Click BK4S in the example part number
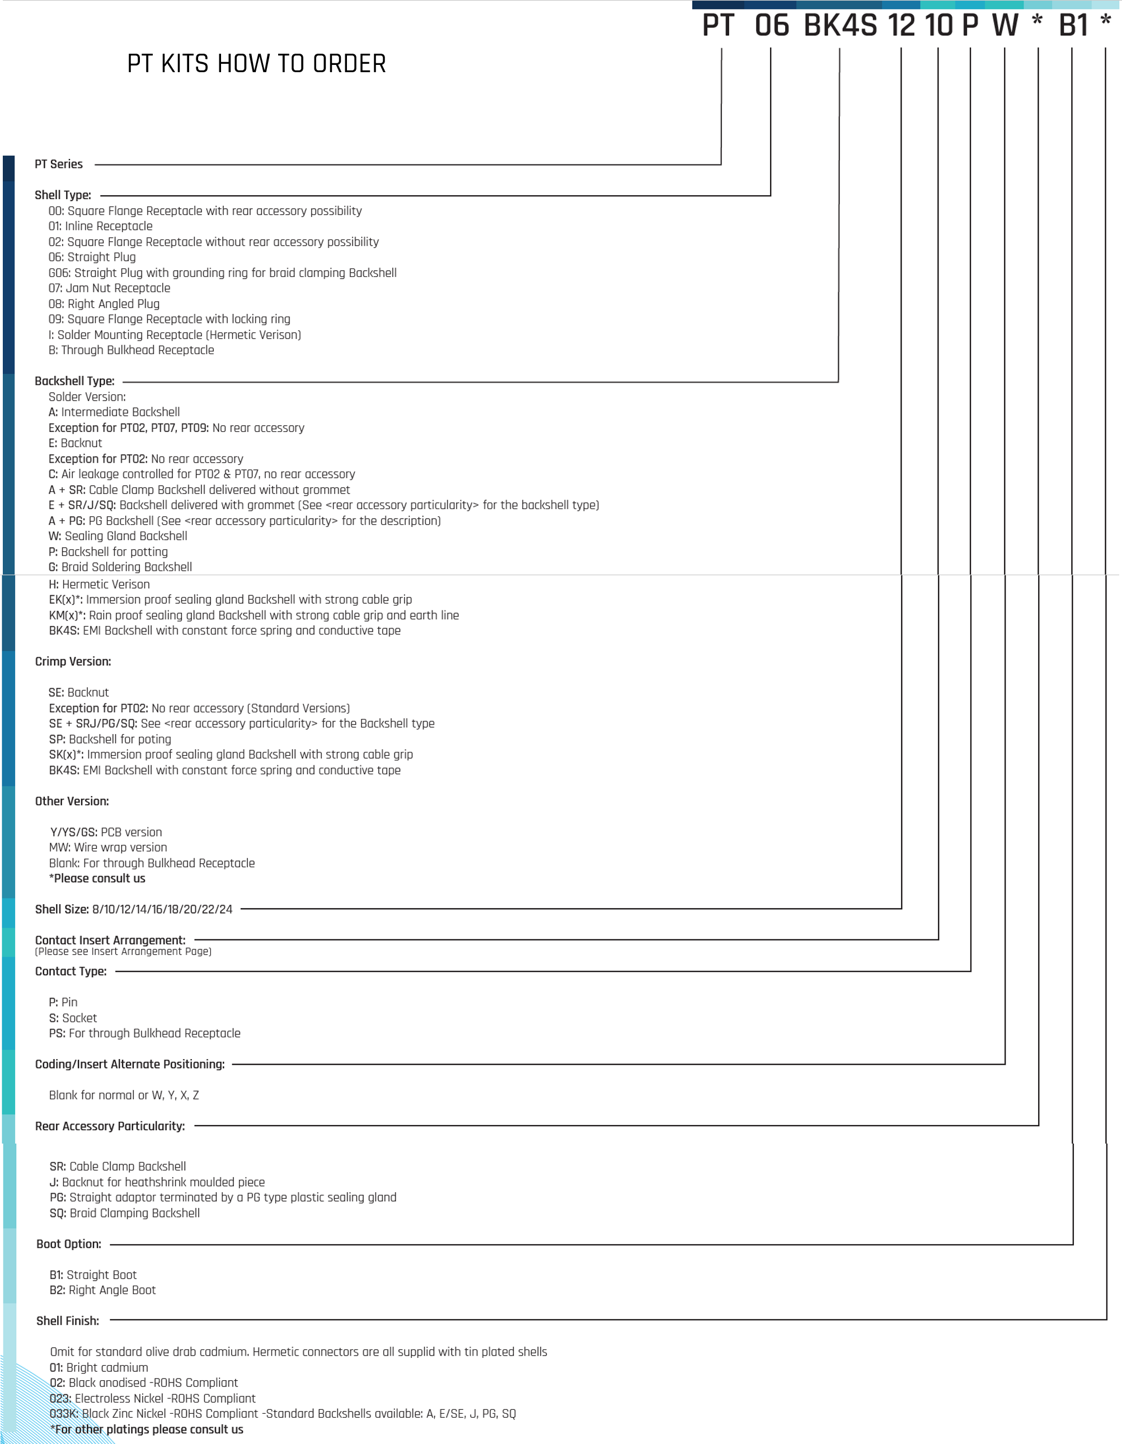pyautogui.click(x=840, y=26)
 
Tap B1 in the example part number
pyautogui.click(x=1074, y=26)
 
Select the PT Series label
pyautogui.click(x=59, y=164)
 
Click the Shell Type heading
pyautogui.click(x=63, y=195)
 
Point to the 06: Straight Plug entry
pyautogui.click(x=92, y=257)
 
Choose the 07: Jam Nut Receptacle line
pyautogui.click(x=109, y=288)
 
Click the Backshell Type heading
pyautogui.click(x=75, y=382)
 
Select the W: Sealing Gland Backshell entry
pyautogui.click(x=118, y=536)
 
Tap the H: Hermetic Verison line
pyautogui.click(x=99, y=585)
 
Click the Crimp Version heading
pyautogui.click(x=73, y=662)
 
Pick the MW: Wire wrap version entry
pyautogui.click(x=108, y=848)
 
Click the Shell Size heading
pyautogui.click(x=134, y=910)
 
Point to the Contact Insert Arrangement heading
pyautogui.click(x=110, y=941)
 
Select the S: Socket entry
pyautogui.click(x=73, y=1018)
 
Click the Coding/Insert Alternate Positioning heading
pyautogui.click(x=130, y=1065)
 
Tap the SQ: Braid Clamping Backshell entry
pyautogui.click(x=124, y=1213)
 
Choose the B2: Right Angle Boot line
pyautogui.click(x=102, y=1291)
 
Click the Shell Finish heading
pyautogui.click(x=68, y=1321)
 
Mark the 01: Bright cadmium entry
pyautogui.click(x=98, y=1368)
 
